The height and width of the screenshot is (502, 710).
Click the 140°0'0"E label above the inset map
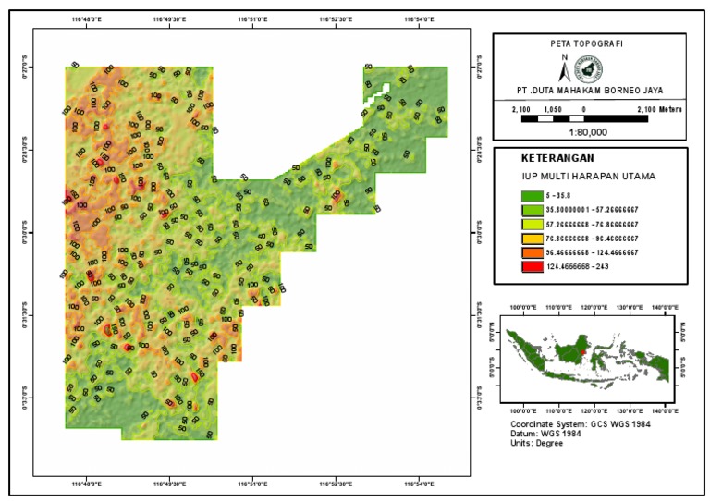(x=666, y=306)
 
